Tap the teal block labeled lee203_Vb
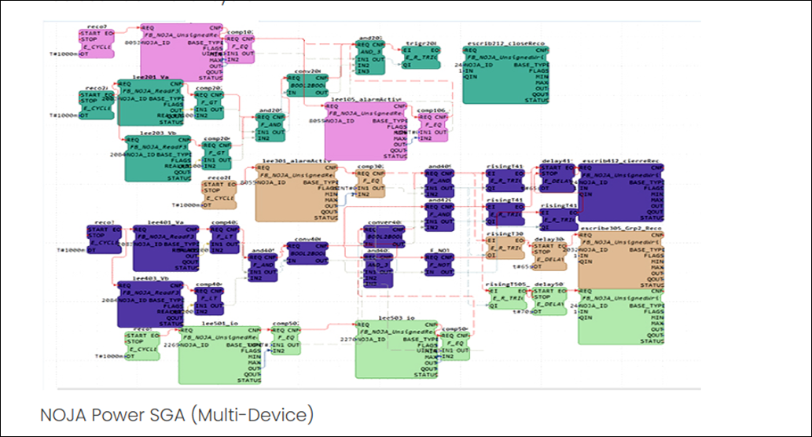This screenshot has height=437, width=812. (x=162, y=152)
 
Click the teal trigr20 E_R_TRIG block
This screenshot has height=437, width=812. (x=421, y=57)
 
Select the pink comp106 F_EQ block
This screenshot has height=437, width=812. (x=431, y=126)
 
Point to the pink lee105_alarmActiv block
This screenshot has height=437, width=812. (x=366, y=130)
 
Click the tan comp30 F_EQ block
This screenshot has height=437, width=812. (x=369, y=181)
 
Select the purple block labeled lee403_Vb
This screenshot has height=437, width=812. (x=149, y=303)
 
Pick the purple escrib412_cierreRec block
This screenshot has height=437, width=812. (x=621, y=193)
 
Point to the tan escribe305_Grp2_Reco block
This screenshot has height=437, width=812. (x=621, y=259)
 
